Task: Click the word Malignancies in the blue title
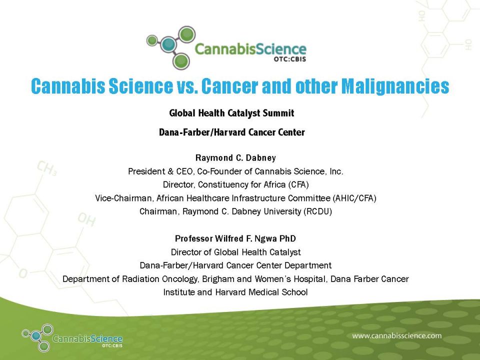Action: point(395,86)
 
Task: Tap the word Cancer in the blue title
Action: point(229,86)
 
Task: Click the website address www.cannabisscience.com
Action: point(396,336)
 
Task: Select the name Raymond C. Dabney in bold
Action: point(235,158)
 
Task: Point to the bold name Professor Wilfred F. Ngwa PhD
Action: point(235,238)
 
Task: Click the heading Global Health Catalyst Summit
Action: point(231,113)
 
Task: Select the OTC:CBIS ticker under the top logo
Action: point(289,59)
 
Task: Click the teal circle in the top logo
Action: point(168,44)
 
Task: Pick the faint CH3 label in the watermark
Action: point(46,168)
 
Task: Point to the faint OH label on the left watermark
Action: point(86,219)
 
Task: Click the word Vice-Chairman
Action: point(123,198)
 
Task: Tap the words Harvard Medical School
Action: point(261,292)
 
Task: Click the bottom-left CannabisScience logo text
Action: point(87,339)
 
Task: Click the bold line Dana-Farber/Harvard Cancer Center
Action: point(231,132)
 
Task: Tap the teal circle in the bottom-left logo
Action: point(36,336)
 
